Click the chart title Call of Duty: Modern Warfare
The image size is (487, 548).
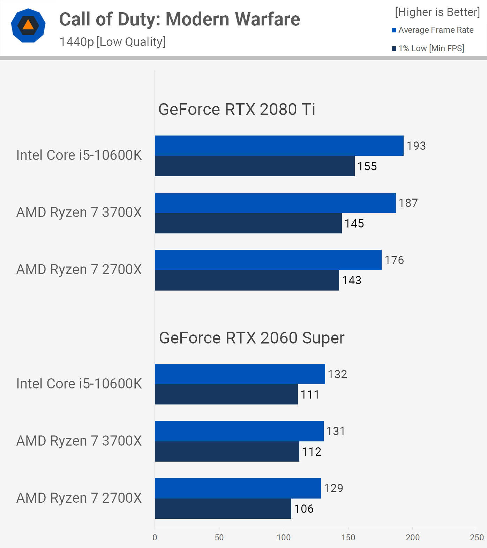[179, 19]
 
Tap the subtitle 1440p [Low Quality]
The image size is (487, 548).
[112, 42]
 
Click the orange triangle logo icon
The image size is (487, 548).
[28, 25]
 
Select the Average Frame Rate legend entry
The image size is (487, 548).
[433, 30]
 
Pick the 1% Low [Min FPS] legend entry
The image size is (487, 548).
[428, 48]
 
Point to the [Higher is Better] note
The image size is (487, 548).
[437, 12]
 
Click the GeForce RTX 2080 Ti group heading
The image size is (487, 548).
[237, 109]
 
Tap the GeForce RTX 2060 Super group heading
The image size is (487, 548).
[252, 338]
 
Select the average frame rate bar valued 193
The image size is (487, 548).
[279, 146]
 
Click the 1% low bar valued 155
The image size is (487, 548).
[255, 166]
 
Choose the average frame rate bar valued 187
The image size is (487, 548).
[275, 203]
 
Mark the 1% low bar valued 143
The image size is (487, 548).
[247, 280]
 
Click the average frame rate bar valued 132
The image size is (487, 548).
[240, 374]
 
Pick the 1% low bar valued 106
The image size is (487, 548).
[223, 509]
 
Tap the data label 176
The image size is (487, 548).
[394, 260]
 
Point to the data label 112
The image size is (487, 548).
[312, 452]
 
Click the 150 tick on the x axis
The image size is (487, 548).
[348, 538]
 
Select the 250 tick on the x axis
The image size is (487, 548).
[477, 538]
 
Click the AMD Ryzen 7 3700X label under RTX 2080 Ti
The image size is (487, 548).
[79, 212]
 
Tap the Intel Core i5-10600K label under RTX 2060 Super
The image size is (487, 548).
[79, 384]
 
